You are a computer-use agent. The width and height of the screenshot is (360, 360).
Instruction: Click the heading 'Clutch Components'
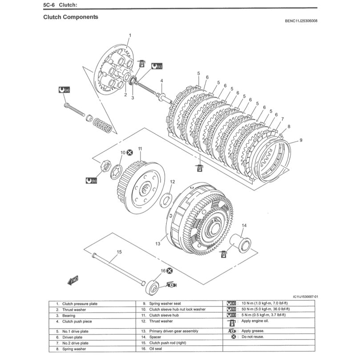[71, 17]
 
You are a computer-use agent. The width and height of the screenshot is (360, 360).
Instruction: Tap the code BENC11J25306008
[301, 21]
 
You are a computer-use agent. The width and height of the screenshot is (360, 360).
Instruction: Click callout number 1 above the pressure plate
[130, 35]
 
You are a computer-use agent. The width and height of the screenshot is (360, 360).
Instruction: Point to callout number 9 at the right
[301, 140]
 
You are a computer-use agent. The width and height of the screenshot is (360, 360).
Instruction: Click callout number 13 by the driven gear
[158, 244]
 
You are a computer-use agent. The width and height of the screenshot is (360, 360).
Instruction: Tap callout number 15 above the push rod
[119, 252]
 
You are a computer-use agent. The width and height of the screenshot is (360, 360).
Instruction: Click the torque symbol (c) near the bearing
[157, 66]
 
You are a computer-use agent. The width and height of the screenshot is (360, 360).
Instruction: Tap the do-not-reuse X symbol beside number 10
[129, 152]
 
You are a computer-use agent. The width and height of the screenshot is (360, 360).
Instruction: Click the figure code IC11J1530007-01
[305, 296]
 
